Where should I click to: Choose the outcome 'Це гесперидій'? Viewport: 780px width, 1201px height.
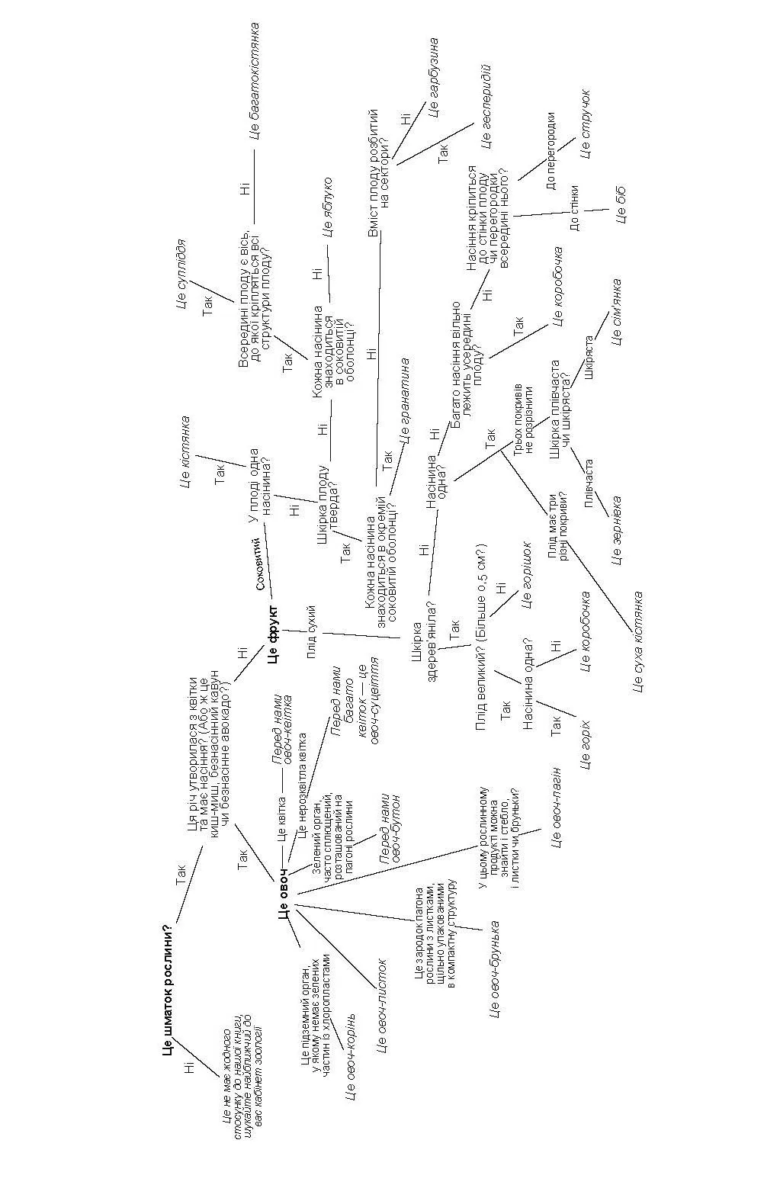(486, 106)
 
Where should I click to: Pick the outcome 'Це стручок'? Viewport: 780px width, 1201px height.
(585, 124)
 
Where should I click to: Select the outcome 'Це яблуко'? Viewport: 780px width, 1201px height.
(328, 207)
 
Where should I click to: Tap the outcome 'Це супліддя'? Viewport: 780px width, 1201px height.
(181, 275)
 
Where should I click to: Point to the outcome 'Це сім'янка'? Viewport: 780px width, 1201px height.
(616, 312)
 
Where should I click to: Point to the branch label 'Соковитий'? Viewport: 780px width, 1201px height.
(261, 564)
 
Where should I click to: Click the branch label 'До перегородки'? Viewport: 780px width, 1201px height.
(551, 150)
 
